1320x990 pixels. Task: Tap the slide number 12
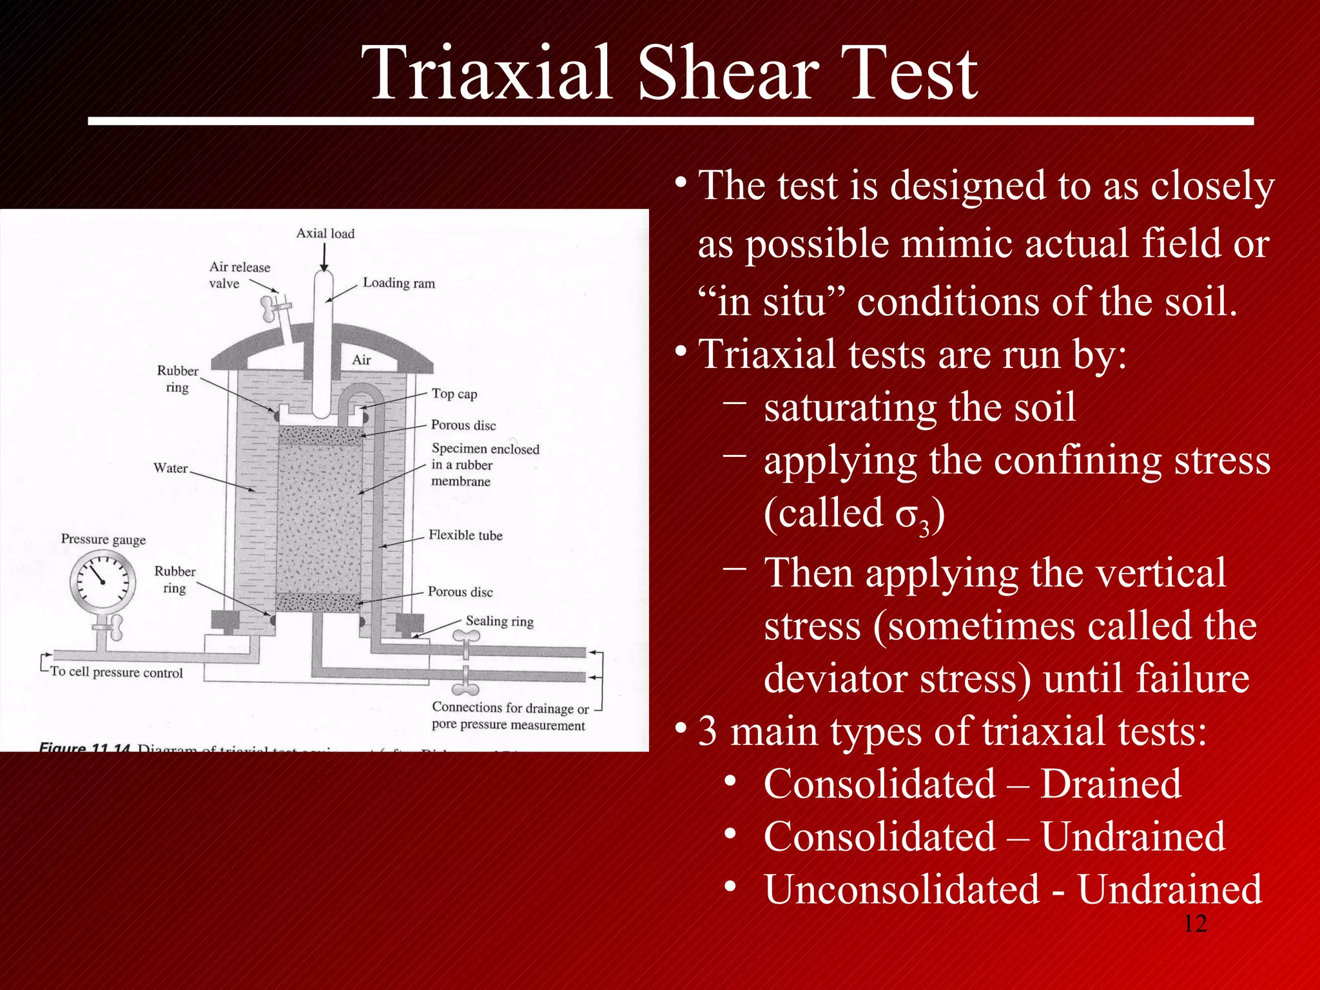(x=1195, y=924)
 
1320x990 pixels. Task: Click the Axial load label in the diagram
(x=325, y=233)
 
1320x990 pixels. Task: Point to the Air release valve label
(x=239, y=275)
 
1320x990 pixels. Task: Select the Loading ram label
(x=398, y=283)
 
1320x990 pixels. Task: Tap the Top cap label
(x=454, y=394)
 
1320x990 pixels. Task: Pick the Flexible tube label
(x=465, y=535)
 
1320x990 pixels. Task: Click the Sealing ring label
(x=500, y=621)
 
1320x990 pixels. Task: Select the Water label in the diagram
(x=170, y=468)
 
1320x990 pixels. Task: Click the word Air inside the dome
(x=361, y=360)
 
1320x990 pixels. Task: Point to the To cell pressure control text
(x=117, y=672)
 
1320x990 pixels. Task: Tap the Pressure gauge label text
(x=103, y=539)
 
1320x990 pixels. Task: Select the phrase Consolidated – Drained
(x=972, y=784)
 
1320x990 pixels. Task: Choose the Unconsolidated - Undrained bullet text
(x=1012, y=889)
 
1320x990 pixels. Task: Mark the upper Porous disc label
(x=463, y=425)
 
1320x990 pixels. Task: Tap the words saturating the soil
(x=920, y=407)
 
